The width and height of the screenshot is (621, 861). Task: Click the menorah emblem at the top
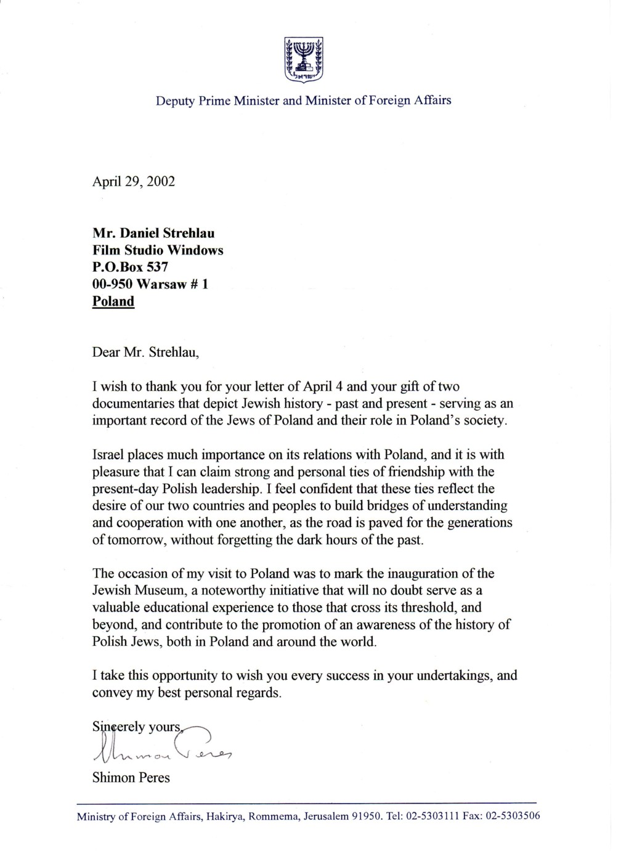[x=304, y=59]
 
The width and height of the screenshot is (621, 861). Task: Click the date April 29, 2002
[x=134, y=182]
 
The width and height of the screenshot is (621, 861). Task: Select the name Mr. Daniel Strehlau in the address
[x=153, y=234]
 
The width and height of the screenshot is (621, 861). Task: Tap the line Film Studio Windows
[x=158, y=250]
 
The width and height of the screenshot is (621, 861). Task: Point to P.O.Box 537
[x=130, y=267]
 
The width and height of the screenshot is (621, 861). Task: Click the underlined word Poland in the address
[x=113, y=301]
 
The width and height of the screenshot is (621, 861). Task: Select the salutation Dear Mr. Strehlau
[x=146, y=353]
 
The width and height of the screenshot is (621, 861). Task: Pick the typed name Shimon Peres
[x=131, y=778]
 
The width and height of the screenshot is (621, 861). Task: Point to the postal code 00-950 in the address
[x=113, y=285]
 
